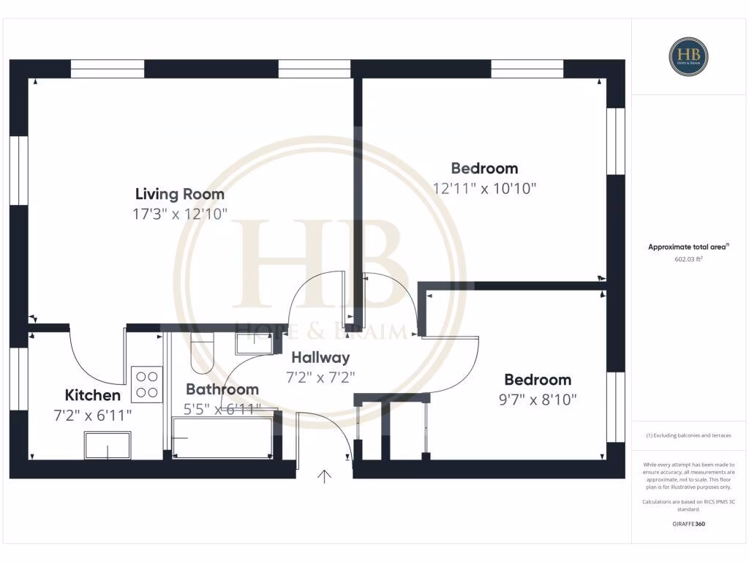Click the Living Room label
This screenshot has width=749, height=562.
(180, 194)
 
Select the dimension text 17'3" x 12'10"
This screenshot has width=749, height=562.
(180, 214)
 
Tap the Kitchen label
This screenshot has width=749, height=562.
(93, 395)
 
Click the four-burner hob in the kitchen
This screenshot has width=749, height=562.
(146, 384)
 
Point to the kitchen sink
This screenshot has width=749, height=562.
(108, 445)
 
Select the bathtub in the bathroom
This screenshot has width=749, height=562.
(222, 438)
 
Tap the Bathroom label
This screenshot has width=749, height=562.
(222, 389)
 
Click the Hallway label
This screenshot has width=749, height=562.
(320, 358)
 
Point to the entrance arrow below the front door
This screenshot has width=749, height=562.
(324, 476)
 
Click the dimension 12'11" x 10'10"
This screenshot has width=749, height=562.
(484, 188)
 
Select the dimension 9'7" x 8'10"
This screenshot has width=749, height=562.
(538, 400)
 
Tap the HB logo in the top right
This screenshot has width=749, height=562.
(688, 56)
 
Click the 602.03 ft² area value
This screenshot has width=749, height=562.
(688, 258)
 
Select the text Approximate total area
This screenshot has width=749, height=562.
(688, 247)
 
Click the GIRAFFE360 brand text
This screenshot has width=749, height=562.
(688, 524)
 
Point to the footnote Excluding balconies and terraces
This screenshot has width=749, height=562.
(688, 435)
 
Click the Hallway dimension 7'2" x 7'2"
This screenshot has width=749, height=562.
(320, 378)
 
